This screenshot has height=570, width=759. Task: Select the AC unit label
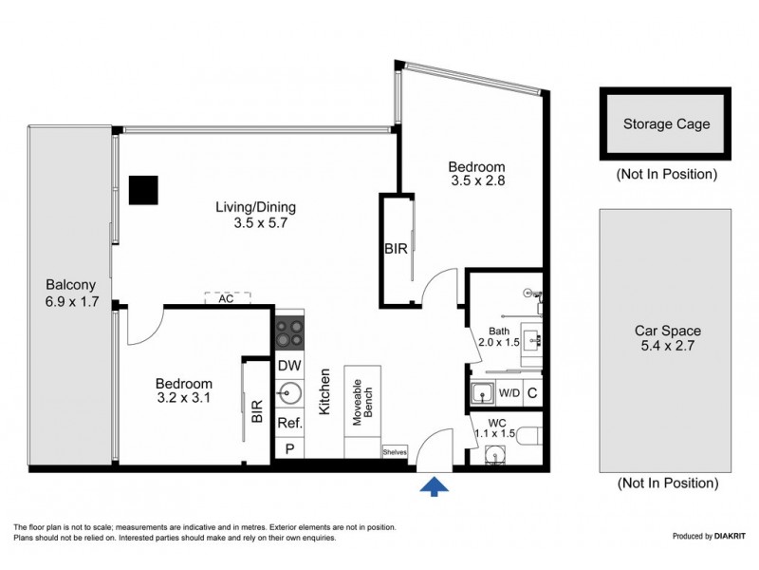click(x=226, y=298)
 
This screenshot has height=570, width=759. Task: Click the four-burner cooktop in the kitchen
click(x=289, y=334)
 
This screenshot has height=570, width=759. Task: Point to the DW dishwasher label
click(x=289, y=366)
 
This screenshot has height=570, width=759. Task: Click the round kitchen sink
click(x=289, y=393)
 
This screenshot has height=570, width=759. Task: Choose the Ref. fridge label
click(x=289, y=423)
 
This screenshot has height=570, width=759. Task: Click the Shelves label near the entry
click(x=395, y=453)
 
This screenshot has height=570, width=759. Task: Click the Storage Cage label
click(x=665, y=123)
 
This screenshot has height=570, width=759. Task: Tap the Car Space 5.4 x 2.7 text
click(x=667, y=338)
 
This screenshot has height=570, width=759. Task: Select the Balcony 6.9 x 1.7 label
click(x=70, y=292)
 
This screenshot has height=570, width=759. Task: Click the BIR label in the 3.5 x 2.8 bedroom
click(x=396, y=249)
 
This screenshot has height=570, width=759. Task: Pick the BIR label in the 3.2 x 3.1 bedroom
click(x=256, y=411)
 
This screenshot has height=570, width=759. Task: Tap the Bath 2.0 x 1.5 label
click(x=499, y=335)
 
